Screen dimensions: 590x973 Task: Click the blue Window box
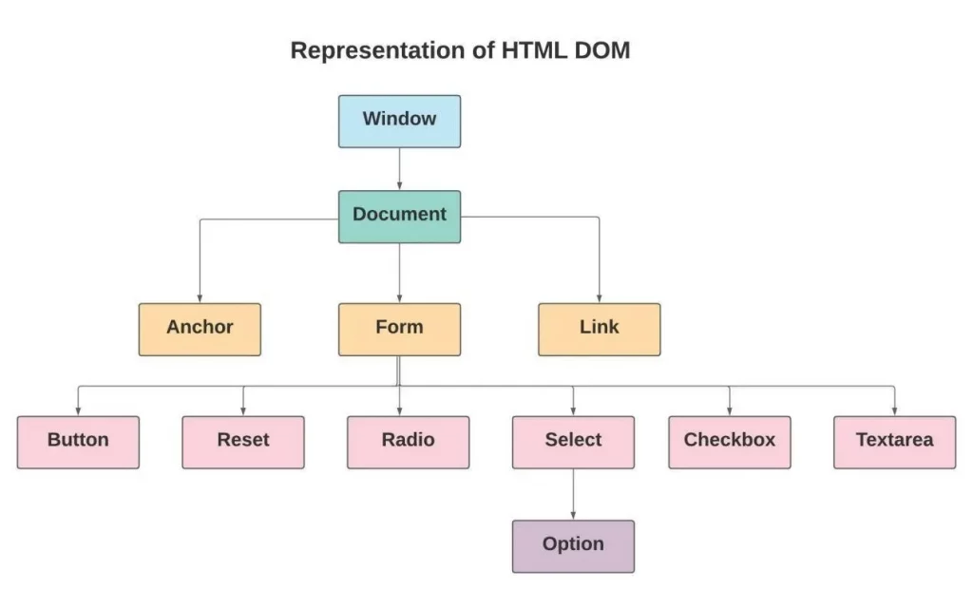(399, 121)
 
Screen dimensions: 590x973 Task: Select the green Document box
(399, 216)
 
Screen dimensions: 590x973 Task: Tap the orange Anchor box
(200, 329)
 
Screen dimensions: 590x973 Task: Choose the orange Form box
(399, 329)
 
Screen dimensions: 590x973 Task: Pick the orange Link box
(599, 329)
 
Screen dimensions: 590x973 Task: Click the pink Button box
(78, 442)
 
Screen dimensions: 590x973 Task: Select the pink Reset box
(243, 442)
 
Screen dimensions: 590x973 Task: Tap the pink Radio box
(408, 442)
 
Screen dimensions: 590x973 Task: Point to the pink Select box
(573, 442)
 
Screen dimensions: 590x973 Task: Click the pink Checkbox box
(729, 442)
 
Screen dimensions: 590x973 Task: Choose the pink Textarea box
(894, 442)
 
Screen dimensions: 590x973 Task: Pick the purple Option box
(573, 546)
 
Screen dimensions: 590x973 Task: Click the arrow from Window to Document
(399, 168)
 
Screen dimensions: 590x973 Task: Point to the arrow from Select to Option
(573, 494)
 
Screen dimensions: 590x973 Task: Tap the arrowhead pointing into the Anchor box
(200, 298)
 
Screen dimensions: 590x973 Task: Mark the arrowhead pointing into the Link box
(600, 298)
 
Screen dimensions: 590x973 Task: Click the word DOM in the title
(601, 50)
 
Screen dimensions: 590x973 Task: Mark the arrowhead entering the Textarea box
(894, 411)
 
